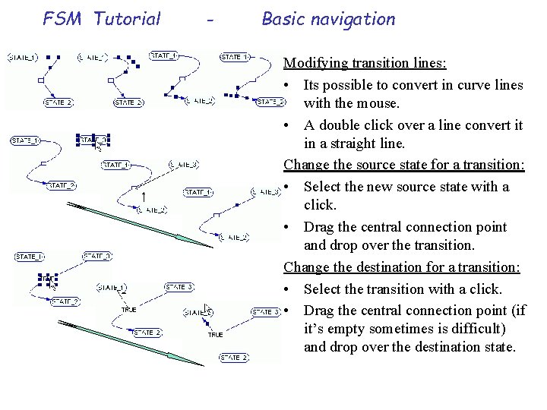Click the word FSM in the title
[62, 19]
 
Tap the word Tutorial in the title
[127, 19]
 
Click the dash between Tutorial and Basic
[209, 20]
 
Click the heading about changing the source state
[405, 165]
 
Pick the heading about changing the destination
[402, 267]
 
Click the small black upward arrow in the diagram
[144, 197]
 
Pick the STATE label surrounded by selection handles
[93, 140]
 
